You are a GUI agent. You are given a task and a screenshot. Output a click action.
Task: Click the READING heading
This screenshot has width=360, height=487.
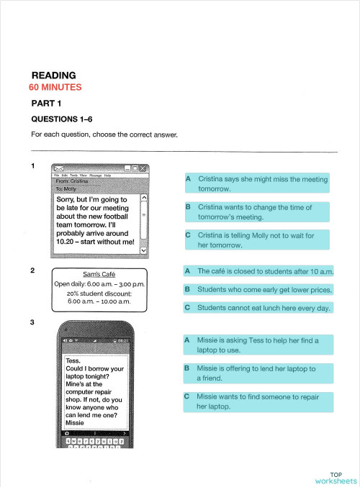(x=54, y=75)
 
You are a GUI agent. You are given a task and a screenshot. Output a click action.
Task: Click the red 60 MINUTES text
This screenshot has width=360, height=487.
(x=55, y=87)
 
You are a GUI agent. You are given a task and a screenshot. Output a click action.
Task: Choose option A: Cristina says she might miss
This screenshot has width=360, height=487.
(x=256, y=183)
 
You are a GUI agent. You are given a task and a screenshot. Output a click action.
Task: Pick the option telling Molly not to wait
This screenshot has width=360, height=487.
(x=256, y=240)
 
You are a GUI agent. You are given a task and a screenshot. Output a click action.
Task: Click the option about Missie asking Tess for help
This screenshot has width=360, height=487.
(x=256, y=344)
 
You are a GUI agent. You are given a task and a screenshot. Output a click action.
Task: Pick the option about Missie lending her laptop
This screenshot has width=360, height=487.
(x=256, y=373)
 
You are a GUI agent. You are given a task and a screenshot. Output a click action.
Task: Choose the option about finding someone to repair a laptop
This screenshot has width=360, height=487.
(x=256, y=401)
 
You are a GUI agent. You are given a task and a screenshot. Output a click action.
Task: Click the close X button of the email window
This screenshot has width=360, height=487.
(x=143, y=168)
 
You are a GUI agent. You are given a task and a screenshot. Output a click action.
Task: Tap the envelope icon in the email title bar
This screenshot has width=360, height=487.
(x=60, y=168)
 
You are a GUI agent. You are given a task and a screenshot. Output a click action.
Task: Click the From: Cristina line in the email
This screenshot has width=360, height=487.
(x=72, y=182)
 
